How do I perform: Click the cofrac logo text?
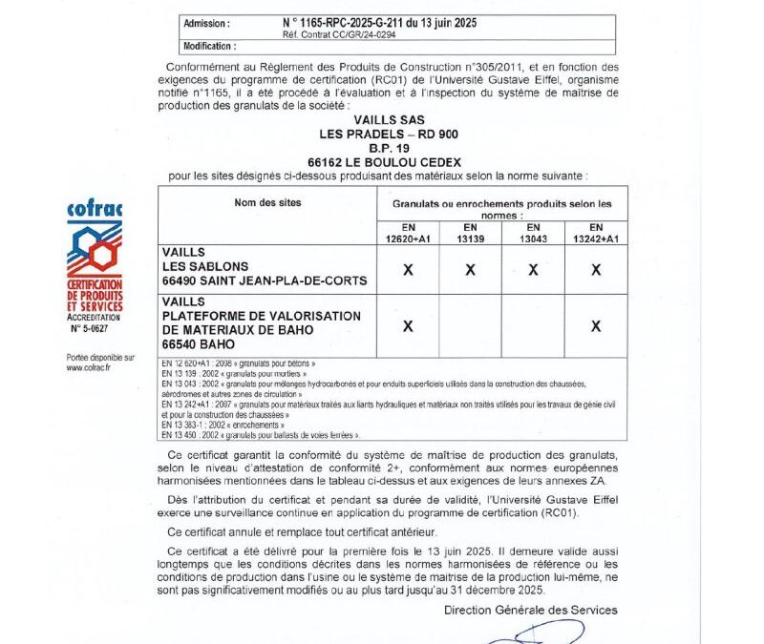(95, 209)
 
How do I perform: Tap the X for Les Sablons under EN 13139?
(470, 270)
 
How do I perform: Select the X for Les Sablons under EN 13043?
(533, 270)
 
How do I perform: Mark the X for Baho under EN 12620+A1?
(408, 325)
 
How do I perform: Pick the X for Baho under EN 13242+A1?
(596, 325)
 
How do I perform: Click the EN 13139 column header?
(470, 233)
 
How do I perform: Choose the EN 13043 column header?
(533, 233)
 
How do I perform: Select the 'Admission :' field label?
(206, 21)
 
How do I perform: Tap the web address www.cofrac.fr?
(88, 367)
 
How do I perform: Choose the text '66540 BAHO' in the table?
(200, 343)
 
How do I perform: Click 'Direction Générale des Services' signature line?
(531, 610)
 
